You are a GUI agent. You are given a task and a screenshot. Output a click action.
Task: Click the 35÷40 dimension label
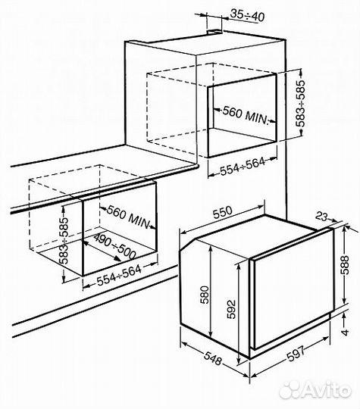(248, 16)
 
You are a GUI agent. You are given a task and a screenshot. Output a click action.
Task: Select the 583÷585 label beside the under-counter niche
(64, 241)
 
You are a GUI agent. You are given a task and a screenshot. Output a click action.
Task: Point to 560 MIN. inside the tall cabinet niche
(246, 116)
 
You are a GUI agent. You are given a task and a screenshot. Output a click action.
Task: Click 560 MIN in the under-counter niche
(129, 217)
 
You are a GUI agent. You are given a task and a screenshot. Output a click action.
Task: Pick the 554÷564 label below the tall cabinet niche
(243, 166)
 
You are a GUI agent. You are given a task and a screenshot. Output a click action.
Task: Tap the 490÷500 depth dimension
(114, 246)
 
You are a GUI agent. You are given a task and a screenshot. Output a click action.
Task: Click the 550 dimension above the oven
(222, 213)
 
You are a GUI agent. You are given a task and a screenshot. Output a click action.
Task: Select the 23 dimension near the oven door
(321, 217)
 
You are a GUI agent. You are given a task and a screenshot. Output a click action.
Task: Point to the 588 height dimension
(345, 265)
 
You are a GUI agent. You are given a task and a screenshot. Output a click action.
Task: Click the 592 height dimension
(231, 310)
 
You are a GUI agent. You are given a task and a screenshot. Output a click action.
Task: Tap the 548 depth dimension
(213, 358)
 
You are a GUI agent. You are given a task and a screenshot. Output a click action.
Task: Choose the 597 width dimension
(296, 354)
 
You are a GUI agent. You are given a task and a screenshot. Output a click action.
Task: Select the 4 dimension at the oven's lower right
(345, 333)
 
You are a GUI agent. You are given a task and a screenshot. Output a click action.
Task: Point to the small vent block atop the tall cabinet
(214, 32)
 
